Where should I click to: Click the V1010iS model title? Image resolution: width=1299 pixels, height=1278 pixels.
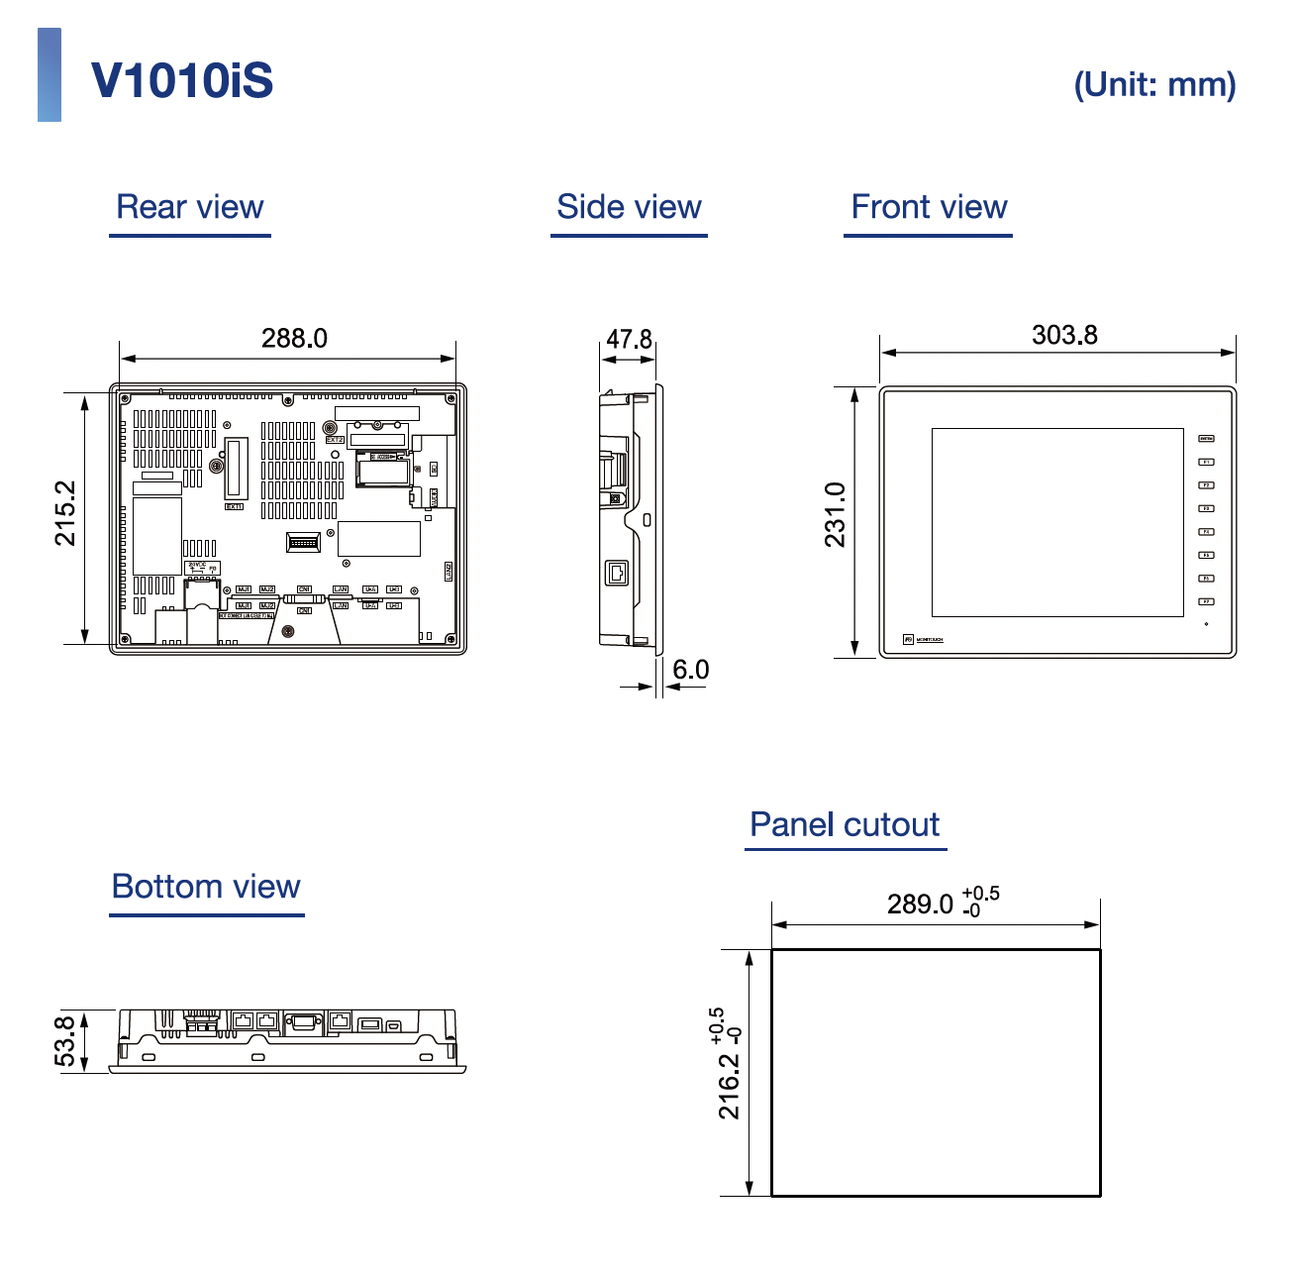tap(182, 80)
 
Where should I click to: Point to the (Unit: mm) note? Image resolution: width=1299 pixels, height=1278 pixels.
tap(1154, 84)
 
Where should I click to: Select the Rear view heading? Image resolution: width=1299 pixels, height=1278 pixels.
tap(190, 207)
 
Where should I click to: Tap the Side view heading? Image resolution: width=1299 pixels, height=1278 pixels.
tap(629, 207)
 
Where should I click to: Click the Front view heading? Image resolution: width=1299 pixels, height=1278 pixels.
tap(929, 207)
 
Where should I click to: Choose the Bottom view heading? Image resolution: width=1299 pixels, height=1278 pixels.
tap(206, 887)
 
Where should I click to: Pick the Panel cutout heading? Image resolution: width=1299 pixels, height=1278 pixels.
tap(845, 824)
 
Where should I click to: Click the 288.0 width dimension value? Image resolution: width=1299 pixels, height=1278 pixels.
tap(294, 339)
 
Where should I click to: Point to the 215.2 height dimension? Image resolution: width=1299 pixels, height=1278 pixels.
tap(65, 513)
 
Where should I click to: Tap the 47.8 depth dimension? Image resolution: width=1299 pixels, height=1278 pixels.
tap(629, 340)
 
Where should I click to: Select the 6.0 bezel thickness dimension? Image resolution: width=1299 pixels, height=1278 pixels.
tap(690, 671)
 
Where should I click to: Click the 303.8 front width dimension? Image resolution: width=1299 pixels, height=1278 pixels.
tap(1064, 336)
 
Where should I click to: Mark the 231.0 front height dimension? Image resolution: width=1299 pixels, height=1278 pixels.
tap(836, 515)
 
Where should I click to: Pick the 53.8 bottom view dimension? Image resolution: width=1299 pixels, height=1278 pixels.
tap(65, 1041)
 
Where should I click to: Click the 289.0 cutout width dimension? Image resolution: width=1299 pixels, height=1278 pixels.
tap(920, 905)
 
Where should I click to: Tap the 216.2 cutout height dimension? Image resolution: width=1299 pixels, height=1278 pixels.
tap(729, 1086)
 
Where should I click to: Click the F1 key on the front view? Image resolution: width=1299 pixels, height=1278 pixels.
tap(1207, 462)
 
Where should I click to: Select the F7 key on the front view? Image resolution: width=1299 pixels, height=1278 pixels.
tap(1207, 601)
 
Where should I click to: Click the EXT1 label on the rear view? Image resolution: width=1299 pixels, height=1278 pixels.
tap(234, 506)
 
